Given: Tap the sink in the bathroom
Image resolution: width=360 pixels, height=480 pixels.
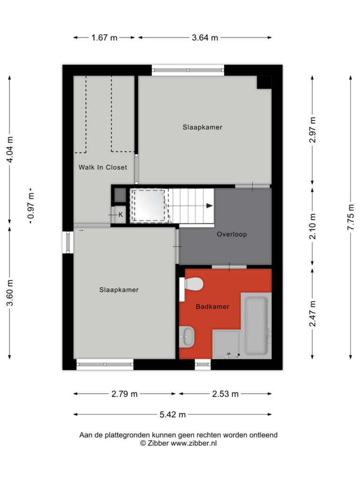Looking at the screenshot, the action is tap(187, 337).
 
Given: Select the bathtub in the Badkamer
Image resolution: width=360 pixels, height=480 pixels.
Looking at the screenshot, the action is tap(256, 325).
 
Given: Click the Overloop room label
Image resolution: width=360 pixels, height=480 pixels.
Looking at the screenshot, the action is tap(232, 234).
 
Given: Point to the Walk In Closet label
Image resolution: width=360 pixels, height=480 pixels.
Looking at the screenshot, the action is tap(103, 167).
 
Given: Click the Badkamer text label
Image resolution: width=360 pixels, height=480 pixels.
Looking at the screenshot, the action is tap(212, 307).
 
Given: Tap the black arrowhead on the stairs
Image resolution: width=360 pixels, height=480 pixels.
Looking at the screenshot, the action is tap(210, 206).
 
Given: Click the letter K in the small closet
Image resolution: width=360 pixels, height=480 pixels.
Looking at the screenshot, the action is tap(120, 215).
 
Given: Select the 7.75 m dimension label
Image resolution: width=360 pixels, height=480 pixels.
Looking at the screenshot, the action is tap(351, 217).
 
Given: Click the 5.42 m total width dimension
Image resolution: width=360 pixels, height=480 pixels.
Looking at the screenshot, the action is tap(172, 414).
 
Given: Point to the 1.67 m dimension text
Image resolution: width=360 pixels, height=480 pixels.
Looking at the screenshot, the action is tap(105, 37).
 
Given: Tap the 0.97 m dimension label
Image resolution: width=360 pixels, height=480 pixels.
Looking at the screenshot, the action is tap(31, 205).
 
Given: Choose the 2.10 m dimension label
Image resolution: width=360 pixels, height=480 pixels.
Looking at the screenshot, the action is tap(313, 227).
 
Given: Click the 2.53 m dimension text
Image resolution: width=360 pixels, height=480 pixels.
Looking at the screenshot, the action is tap(225, 394).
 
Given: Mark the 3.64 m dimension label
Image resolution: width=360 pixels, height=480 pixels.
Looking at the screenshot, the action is tap(205, 37).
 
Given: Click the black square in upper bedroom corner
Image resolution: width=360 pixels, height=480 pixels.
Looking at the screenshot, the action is tap(264, 82).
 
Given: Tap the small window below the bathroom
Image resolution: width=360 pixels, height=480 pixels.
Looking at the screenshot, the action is tap(202, 364).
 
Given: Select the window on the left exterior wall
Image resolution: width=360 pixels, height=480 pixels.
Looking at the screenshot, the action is tap(68, 242).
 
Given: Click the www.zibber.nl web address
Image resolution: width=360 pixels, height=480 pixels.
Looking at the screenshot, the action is tap(194, 443).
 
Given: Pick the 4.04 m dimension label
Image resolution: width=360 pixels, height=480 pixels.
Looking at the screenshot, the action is tap(10, 150).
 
